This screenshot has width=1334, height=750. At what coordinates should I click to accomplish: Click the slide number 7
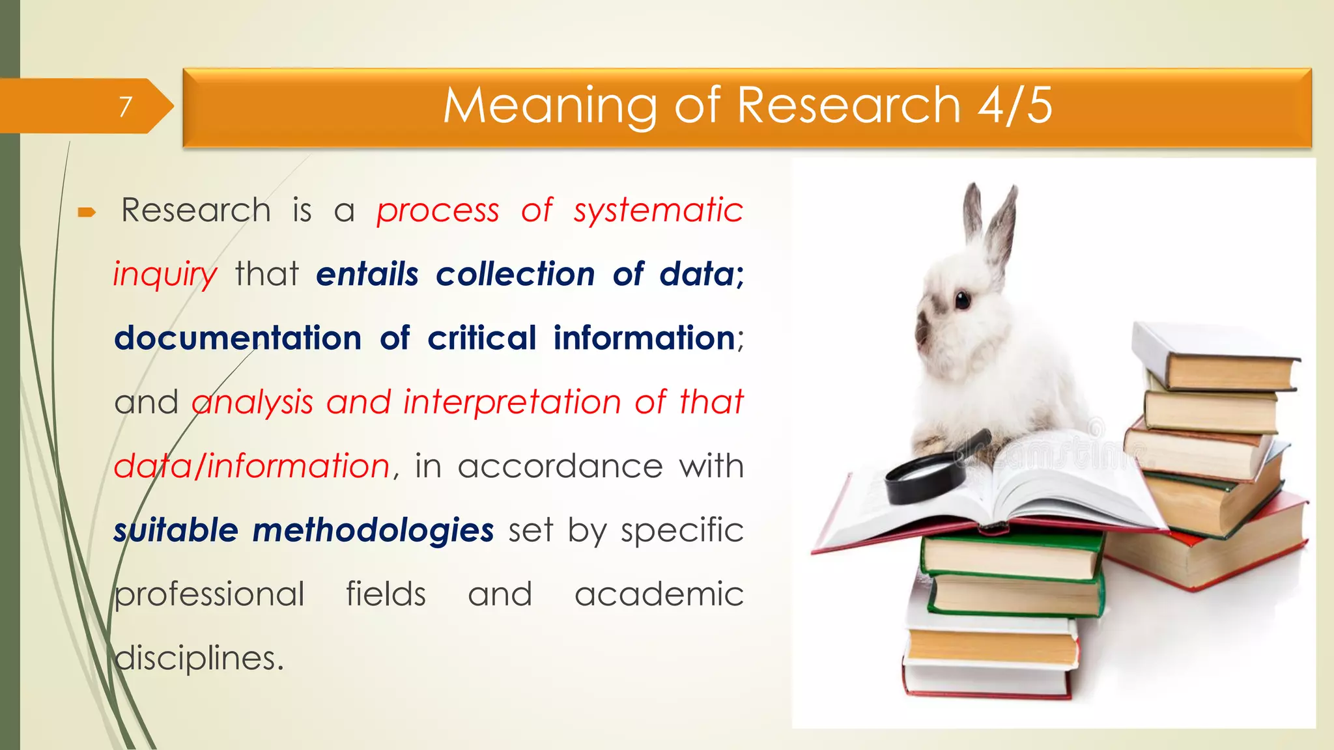click(126, 106)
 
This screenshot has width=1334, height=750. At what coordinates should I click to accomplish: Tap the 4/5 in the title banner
click(1014, 105)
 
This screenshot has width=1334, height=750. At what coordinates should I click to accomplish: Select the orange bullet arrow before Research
click(87, 212)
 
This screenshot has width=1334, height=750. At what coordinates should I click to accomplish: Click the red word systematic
click(658, 210)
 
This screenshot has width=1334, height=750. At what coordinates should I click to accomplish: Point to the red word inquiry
click(165, 274)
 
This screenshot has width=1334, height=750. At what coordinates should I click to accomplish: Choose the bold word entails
click(367, 274)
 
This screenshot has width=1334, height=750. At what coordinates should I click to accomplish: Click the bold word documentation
click(238, 338)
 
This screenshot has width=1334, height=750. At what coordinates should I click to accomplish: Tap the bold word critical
click(482, 338)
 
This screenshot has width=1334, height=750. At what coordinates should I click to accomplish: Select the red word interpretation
click(512, 402)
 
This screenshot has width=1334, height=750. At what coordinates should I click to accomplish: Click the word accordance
click(560, 466)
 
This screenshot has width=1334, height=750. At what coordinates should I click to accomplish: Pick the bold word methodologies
click(373, 530)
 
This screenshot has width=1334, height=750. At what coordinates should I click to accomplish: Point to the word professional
click(209, 594)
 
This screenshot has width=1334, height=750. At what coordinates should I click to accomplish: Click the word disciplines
click(199, 658)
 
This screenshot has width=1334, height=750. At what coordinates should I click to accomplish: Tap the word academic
click(659, 594)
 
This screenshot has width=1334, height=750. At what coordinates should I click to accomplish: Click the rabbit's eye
click(962, 300)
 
